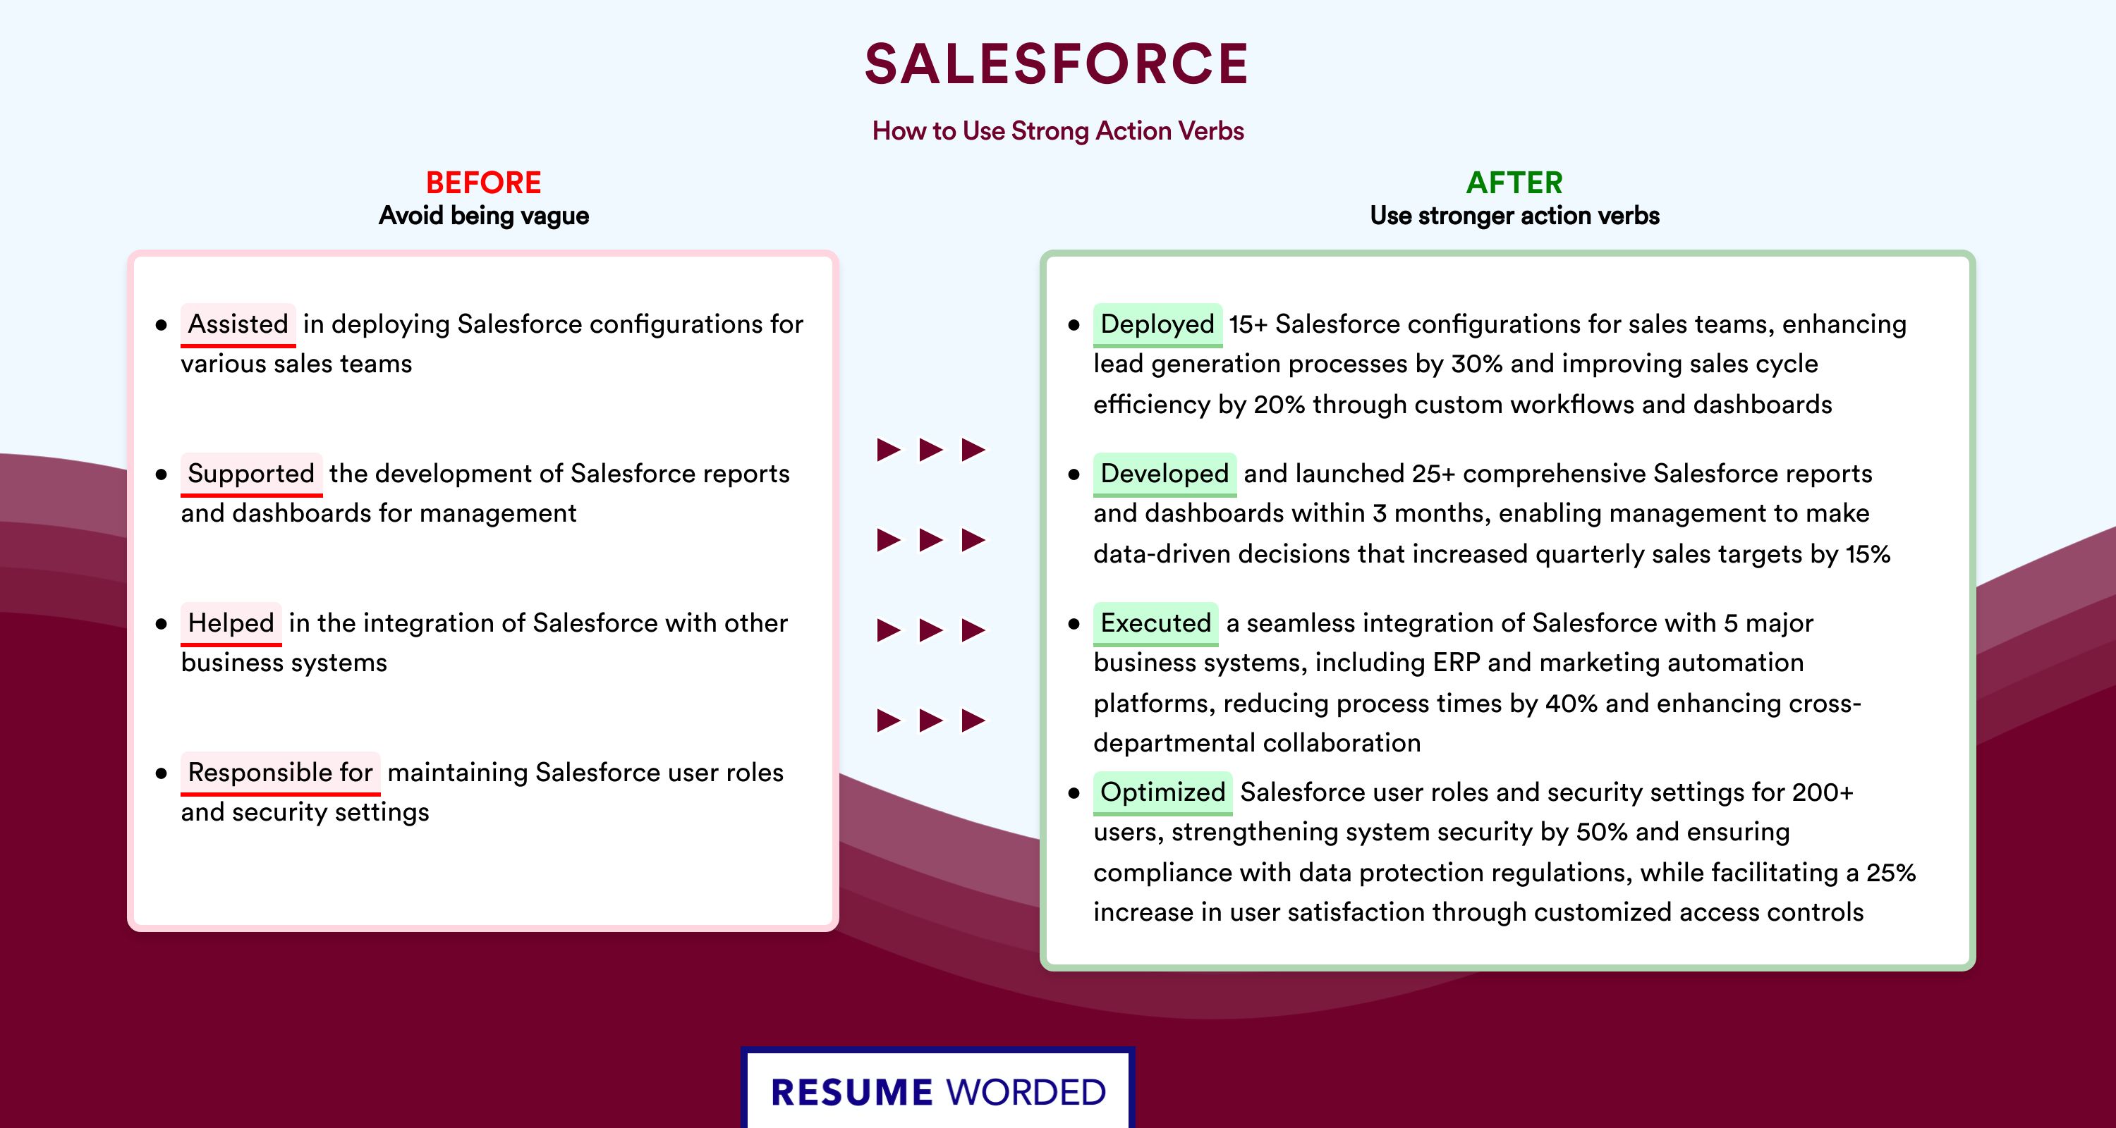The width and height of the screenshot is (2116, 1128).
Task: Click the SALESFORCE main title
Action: click(1057, 64)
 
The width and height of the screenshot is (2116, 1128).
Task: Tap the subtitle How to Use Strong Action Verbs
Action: click(1058, 130)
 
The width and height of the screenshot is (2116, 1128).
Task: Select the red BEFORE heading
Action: click(483, 183)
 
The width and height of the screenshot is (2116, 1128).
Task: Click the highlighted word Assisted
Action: click(238, 324)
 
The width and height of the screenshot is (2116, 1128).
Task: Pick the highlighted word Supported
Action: click(251, 474)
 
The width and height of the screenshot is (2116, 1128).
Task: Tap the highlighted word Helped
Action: click(231, 623)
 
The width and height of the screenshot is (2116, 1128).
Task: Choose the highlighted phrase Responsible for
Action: click(280, 773)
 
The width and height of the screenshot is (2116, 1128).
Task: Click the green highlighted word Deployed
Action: click(1157, 324)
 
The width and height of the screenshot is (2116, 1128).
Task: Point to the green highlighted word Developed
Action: click(1164, 474)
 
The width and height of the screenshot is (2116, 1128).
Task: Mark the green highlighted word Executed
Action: click(1156, 623)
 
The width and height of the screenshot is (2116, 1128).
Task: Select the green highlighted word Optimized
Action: click(1162, 792)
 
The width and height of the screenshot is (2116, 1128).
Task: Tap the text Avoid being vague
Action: click(483, 216)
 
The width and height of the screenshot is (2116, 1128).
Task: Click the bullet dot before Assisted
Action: click(161, 326)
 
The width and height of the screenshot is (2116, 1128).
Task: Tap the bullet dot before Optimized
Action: click(1074, 794)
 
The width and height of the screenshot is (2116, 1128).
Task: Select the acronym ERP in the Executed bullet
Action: click(1457, 663)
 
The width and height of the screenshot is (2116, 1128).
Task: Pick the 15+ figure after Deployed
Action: click(1248, 324)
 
